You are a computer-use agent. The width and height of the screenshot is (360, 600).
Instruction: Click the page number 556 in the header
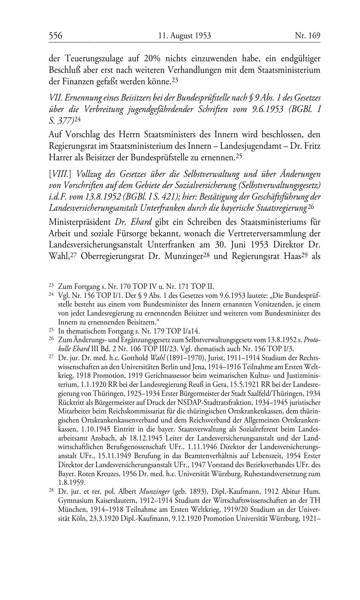[x=56, y=36]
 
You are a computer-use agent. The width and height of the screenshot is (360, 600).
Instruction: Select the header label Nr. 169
[x=307, y=36]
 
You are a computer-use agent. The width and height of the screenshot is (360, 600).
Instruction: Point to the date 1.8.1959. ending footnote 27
[x=72, y=482]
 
